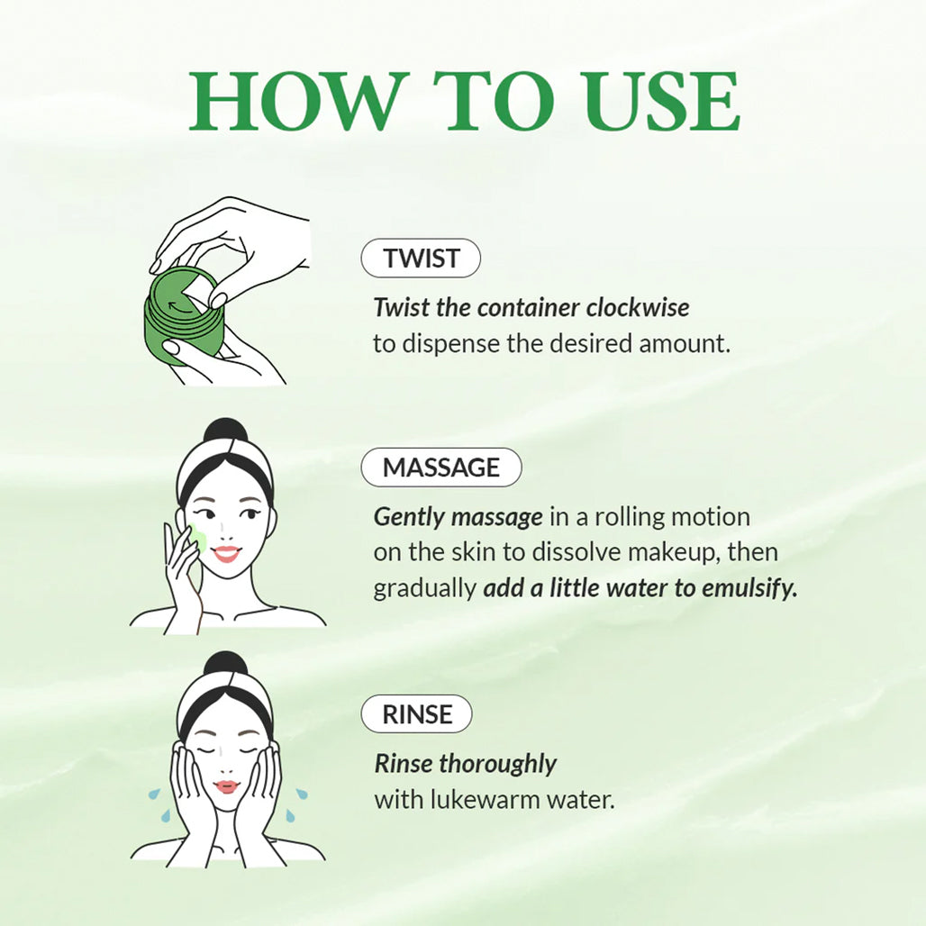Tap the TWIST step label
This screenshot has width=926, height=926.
421,259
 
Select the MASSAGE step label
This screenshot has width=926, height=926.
441,468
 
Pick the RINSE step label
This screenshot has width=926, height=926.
417,714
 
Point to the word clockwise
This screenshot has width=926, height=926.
638,307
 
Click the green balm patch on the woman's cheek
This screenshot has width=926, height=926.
197,540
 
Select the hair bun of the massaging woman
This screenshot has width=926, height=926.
224,431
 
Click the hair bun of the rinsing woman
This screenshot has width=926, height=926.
224,664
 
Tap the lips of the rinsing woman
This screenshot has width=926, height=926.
226,786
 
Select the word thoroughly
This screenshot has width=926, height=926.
497,764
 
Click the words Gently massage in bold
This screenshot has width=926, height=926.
458,517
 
